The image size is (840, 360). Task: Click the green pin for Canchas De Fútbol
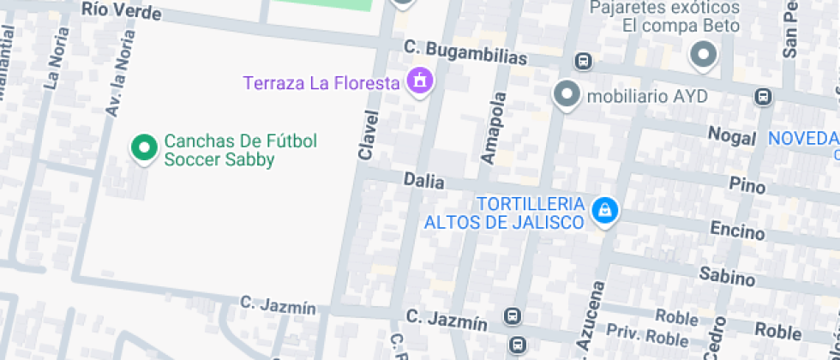point(144,147)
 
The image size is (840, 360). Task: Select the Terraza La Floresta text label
point(321,83)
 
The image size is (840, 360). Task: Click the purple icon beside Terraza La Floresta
point(420,81)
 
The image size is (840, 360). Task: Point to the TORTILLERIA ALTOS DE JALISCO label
point(505,213)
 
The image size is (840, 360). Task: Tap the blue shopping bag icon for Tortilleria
point(605,210)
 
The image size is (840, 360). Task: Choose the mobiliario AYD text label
point(647,95)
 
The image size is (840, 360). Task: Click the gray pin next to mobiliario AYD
point(567,94)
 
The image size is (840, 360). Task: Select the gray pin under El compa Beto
point(704,56)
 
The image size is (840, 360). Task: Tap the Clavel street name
point(368,135)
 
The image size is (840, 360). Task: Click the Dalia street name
point(423,181)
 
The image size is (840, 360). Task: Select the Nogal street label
point(732,135)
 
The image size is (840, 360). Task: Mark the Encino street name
point(737,230)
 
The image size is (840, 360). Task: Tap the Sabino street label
point(727,276)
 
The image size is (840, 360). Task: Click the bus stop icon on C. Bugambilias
point(584,62)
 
